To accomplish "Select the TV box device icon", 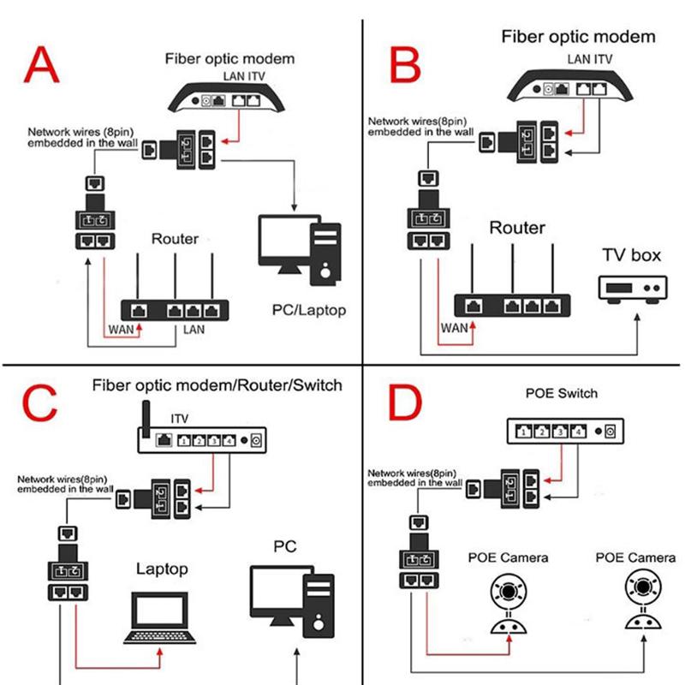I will (632, 289).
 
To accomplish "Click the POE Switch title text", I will (561, 393).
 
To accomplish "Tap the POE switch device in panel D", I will (564, 431).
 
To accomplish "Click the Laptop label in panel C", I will (162, 569).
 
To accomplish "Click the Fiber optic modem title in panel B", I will (578, 36).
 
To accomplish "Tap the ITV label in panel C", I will (180, 419).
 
